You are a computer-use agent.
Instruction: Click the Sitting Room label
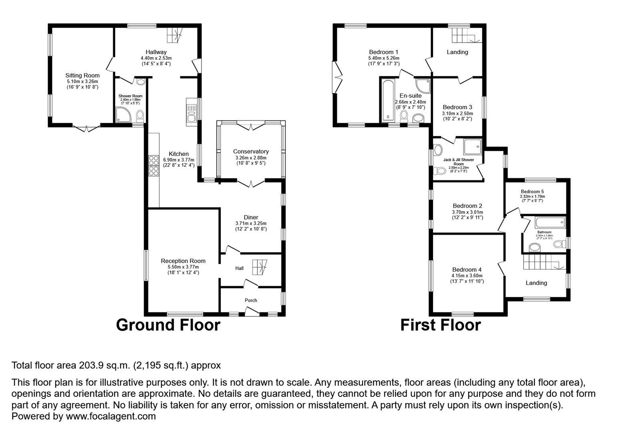pyautogui.click(x=82, y=75)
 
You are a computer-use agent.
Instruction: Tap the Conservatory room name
pyautogui.click(x=251, y=151)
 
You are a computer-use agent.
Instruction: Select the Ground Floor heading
pyautogui.click(x=168, y=325)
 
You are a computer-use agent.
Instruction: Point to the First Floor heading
pyautogui.click(x=440, y=325)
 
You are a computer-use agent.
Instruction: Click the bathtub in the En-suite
pyautogui.click(x=388, y=100)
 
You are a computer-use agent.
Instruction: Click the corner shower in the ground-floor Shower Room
pyautogui.click(x=122, y=114)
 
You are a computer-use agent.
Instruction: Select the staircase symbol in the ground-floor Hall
pyautogui.click(x=259, y=267)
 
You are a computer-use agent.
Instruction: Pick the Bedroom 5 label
pyautogui.click(x=532, y=191)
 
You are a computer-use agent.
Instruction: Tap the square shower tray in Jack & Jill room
pyautogui.click(x=473, y=146)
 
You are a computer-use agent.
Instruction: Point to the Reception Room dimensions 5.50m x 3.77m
pyautogui.click(x=183, y=267)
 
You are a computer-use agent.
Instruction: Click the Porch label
pyautogui.click(x=251, y=300)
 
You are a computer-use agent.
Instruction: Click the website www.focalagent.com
pyautogui.click(x=110, y=416)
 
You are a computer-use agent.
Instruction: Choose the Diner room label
pyautogui.click(x=251, y=217)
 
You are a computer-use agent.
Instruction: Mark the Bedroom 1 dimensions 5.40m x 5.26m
pyautogui.click(x=383, y=58)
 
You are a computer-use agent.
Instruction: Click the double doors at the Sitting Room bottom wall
pyautogui.click(x=86, y=128)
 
